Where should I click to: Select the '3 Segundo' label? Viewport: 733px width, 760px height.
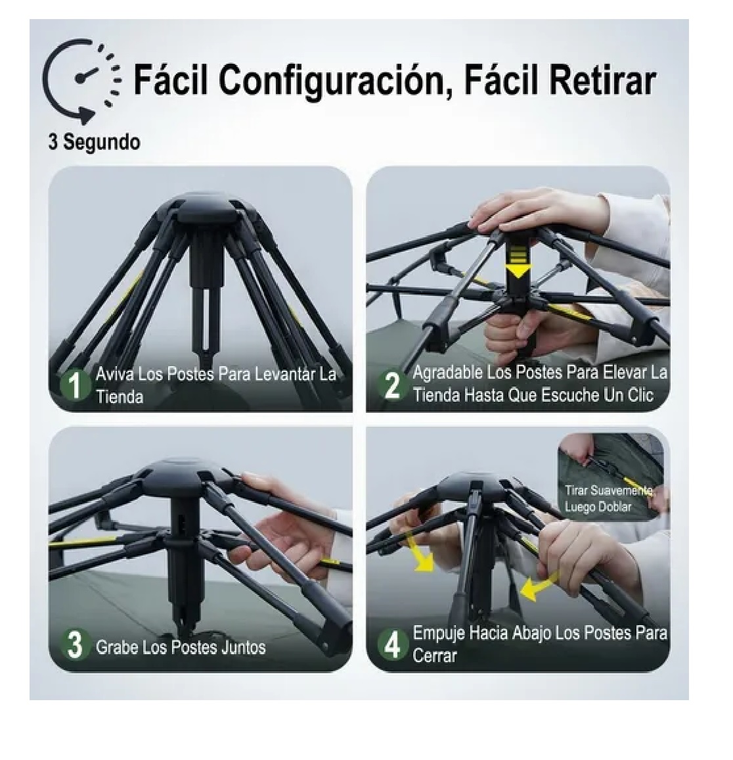[x=95, y=142]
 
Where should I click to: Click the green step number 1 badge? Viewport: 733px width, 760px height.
[x=75, y=385]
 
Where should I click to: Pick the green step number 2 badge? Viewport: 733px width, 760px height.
[x=391, y=385]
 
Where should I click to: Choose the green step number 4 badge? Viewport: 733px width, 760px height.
[x=391, y=645]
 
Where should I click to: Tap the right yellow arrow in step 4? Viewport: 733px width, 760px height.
[x=539, y=585]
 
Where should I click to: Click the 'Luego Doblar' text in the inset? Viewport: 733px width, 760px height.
[x=598, y=507]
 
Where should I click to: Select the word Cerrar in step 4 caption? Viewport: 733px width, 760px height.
[x=435, y=655]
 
